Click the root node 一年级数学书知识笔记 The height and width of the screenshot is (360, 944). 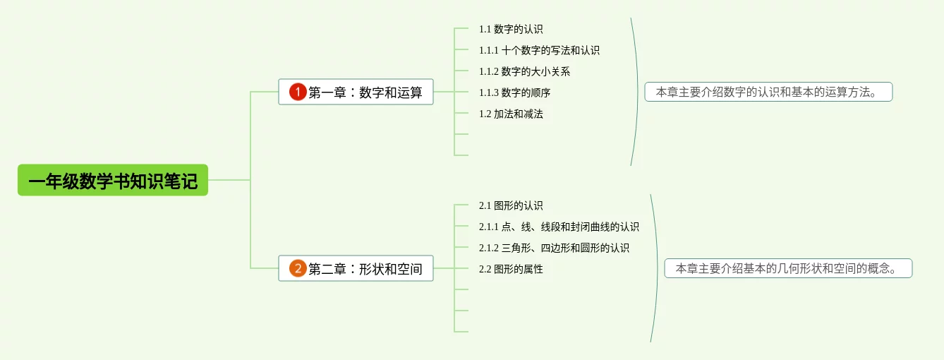[113, 180]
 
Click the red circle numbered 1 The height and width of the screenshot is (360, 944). [298, 92]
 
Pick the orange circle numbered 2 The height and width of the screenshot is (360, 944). [298, 268]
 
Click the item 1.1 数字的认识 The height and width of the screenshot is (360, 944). [511, 29]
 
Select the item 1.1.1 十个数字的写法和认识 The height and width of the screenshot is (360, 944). [539, 50]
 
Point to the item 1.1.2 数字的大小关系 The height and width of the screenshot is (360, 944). [524, 71]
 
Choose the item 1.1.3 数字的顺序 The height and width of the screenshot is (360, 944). [514, 92]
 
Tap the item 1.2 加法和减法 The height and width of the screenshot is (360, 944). [511, 114]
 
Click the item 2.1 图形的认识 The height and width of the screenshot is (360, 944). [511, 205]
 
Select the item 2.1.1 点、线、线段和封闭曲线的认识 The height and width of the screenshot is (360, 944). [559, 227]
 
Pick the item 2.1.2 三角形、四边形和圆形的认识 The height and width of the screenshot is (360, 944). [554, 248]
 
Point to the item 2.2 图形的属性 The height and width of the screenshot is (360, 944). [511, 269]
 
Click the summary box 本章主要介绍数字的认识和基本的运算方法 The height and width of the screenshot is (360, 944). [768, 92]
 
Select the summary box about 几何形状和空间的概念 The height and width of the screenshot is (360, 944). [788, 268]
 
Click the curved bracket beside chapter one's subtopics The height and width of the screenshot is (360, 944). [637, 92]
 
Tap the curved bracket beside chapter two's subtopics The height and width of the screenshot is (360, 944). [657, 268]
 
